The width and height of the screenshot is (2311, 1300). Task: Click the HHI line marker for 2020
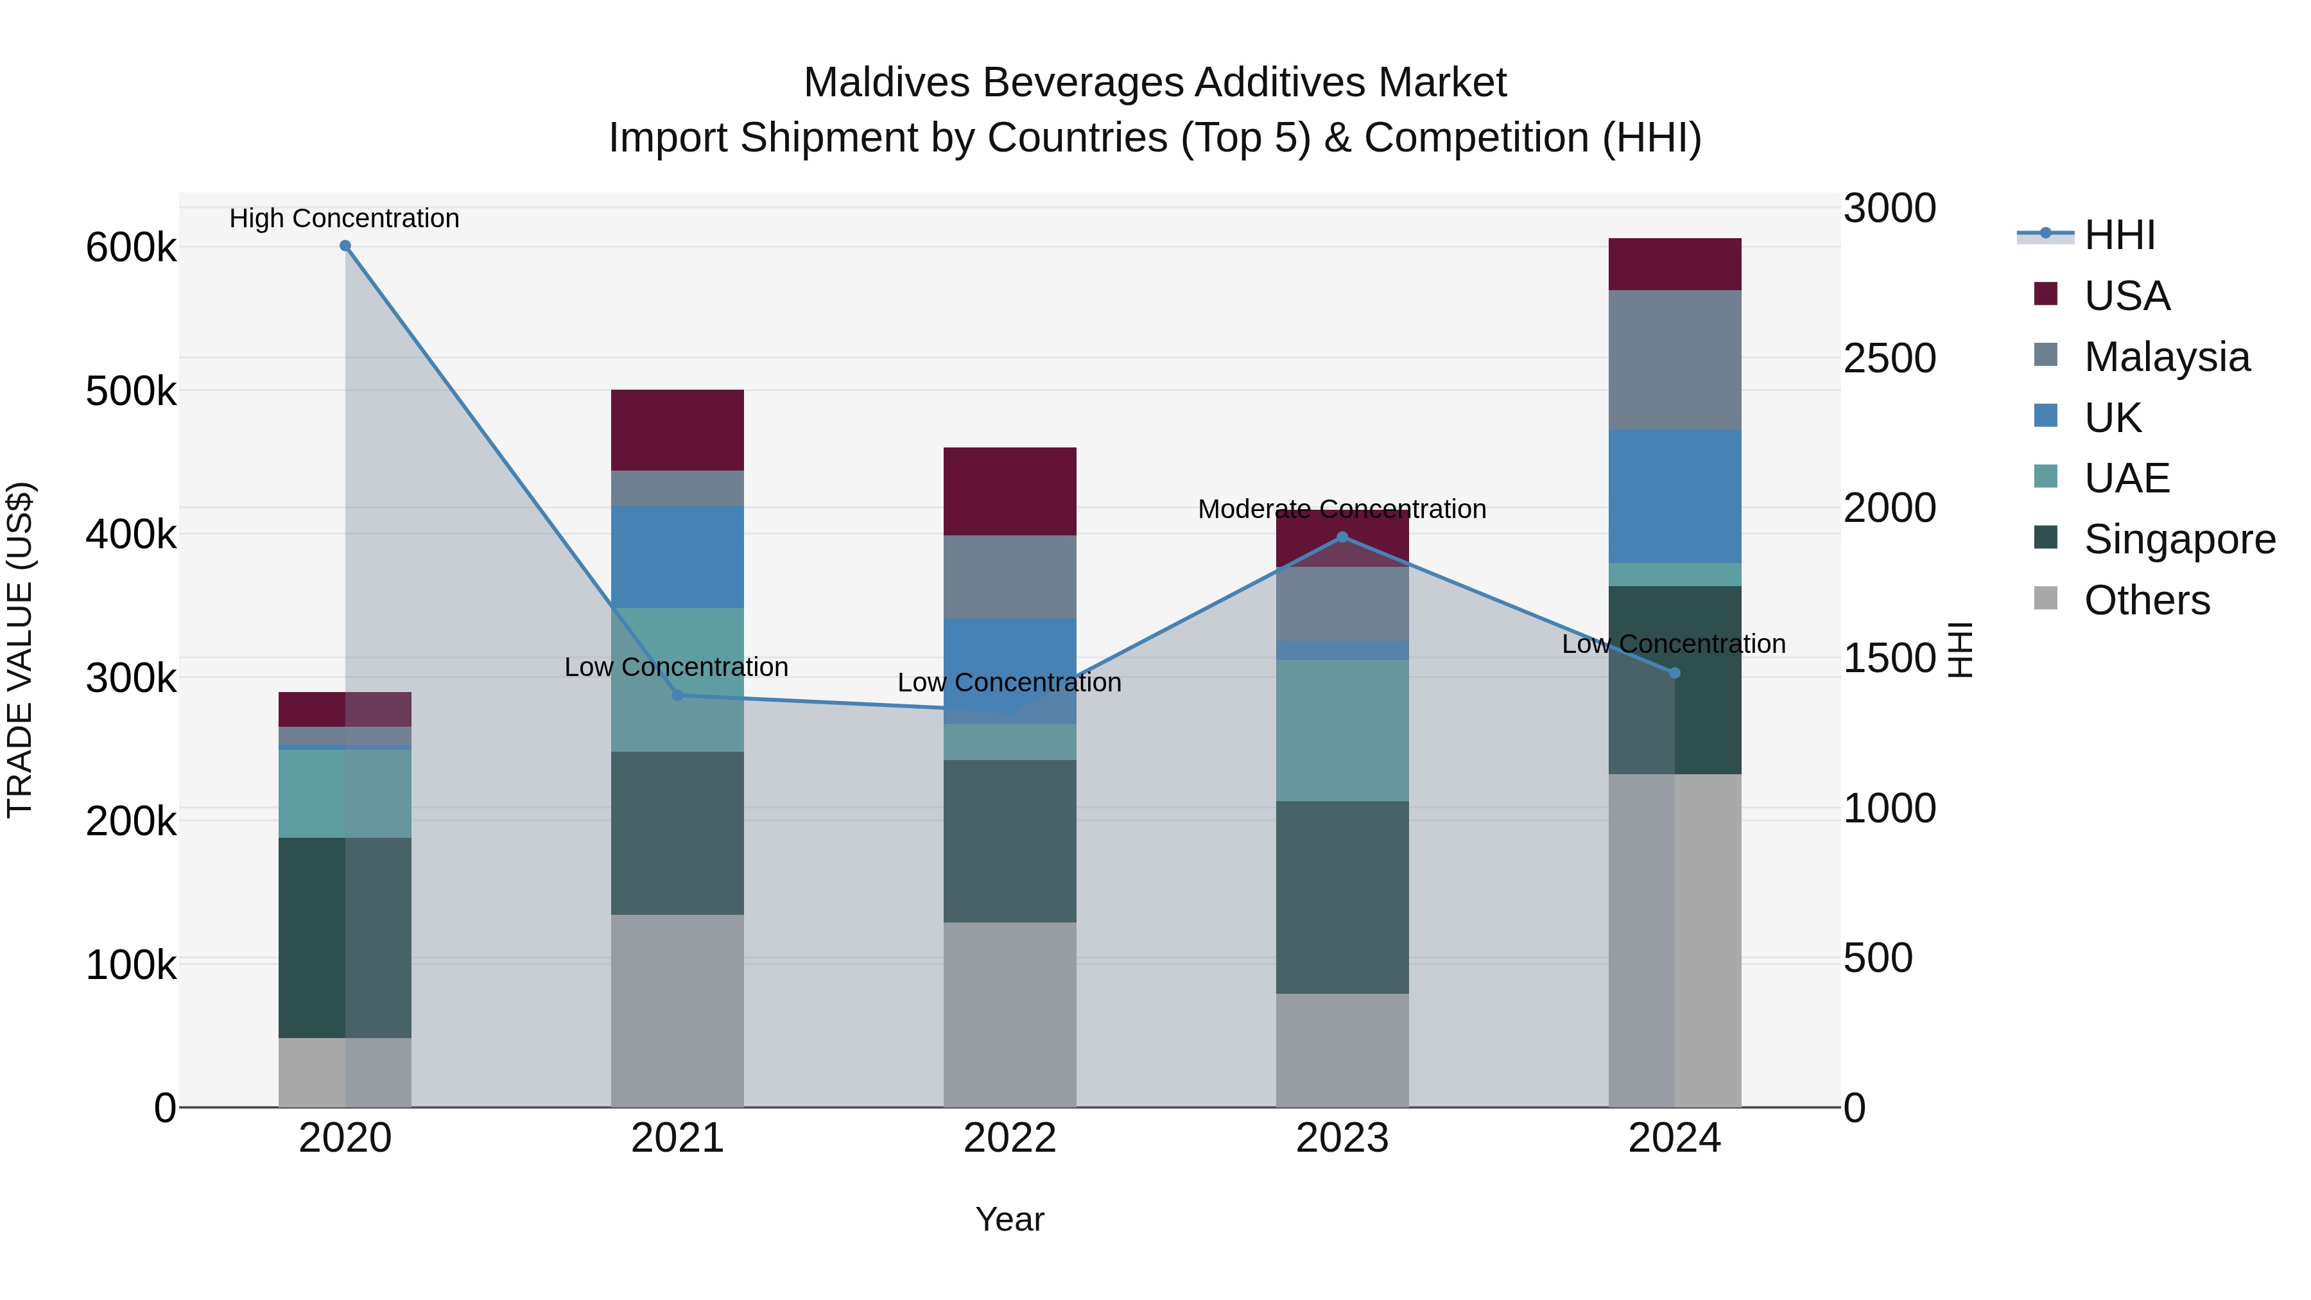pos(345,246)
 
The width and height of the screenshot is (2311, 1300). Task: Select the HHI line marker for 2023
pos(1342,537)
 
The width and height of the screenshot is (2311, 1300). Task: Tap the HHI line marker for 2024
pos(1674,673)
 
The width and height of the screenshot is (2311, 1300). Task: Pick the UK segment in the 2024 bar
pos(1674,496)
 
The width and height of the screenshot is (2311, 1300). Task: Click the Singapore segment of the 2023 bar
pos(1342,897)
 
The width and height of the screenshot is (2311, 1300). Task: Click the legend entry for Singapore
pos(2178,539)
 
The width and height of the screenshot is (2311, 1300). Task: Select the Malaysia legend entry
pos(2166,357)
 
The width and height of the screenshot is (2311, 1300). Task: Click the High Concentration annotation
pos(345,218)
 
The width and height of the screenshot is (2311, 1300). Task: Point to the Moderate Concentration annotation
pos(1342,508)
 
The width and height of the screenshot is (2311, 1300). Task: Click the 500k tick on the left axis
pos(131,391)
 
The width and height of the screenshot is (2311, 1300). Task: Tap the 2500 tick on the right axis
pos(1889,358)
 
